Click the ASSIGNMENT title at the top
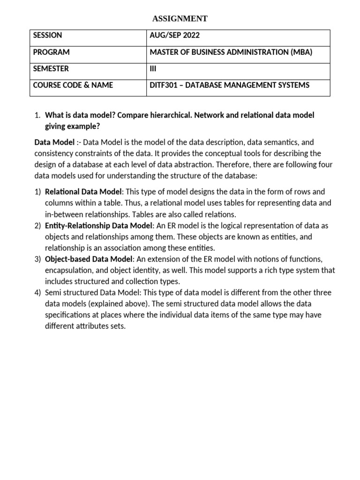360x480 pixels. click(180, 19)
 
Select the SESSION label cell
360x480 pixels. click(47, 36)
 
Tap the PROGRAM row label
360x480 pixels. click(51, 52)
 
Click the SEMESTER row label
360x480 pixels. click(51, 68)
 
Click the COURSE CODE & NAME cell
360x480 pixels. click(73, 85)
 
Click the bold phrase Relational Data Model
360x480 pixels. click(83, 192)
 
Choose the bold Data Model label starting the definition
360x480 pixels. click(54, 142)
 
